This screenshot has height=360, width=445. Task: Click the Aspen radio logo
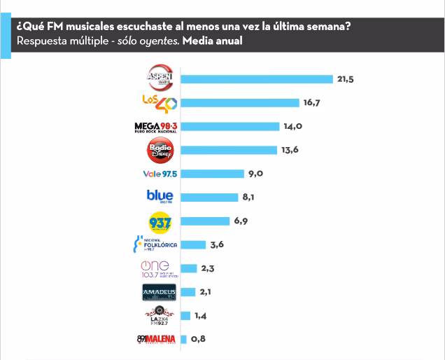tap(160, 77)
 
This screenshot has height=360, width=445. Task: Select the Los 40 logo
tap(160, 102)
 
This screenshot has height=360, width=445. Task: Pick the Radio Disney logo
tap(160, 150)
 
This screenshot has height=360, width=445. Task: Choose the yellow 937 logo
tap(160, 221)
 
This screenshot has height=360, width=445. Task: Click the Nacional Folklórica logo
tap(155, 245)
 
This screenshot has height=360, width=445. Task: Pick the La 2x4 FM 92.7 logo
tap(160, 317)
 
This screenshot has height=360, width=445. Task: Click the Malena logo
tap(157, 340)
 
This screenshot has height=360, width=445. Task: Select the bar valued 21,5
tap(256, 78)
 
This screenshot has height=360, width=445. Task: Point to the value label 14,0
tap(292, 127)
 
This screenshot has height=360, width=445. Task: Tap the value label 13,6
tap(290, 150)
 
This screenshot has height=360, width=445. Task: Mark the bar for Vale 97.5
tap(211, 174)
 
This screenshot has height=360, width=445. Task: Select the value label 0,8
tap(199, 340)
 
